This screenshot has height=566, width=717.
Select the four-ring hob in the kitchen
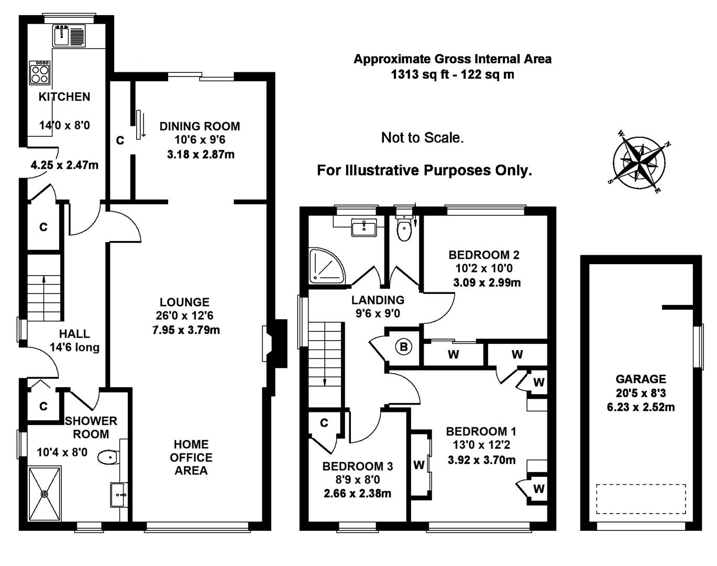(40, 72)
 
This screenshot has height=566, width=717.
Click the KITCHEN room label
(64, 97)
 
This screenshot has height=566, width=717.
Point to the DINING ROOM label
(200, 126)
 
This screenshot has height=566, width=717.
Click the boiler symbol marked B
(403, 346)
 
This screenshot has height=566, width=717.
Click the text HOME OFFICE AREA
(191, 458)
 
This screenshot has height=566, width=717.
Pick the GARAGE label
(641, 379)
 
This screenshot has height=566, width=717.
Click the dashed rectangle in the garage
(641, 499)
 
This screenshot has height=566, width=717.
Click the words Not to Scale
(422, 138)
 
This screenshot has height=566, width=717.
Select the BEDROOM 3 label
(357, 466)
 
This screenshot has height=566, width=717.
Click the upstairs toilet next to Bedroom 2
(404, 227)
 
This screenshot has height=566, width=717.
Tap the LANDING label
(378, 300)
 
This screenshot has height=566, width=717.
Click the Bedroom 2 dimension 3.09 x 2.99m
(487, 283)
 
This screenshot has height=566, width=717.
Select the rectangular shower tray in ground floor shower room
(45, 493)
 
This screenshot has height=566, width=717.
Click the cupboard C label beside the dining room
(120, 141)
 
